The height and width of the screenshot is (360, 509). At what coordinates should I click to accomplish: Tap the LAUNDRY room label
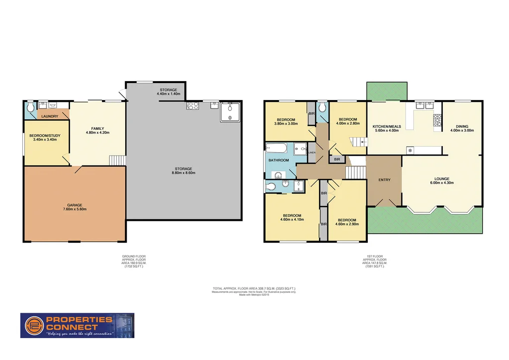50,116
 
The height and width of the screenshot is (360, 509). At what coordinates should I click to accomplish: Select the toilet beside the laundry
30,107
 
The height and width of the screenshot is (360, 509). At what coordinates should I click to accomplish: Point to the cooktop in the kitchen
438,120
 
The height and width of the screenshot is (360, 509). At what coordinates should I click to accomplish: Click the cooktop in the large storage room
193,105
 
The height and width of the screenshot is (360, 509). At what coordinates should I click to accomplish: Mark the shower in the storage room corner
230,111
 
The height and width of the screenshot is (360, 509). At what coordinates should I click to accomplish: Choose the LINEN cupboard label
312,153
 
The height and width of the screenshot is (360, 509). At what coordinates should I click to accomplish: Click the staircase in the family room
116,160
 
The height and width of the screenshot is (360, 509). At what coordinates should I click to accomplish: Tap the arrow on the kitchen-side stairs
364,142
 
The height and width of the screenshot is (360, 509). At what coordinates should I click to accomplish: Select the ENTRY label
384,180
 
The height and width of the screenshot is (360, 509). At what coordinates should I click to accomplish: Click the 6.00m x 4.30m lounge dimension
441,183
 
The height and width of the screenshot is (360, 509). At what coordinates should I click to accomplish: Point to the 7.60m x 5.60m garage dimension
75,209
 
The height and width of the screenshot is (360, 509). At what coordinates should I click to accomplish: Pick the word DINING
462,126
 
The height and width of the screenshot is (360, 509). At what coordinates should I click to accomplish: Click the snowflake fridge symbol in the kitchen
410,150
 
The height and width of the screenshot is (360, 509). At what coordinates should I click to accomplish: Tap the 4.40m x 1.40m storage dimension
169,94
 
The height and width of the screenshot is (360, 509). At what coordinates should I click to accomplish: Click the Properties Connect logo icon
32,325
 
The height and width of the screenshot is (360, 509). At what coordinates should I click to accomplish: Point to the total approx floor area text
254,288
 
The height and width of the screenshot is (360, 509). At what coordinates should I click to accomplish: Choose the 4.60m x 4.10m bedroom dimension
292,219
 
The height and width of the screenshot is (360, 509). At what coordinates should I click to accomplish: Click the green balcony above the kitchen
386,91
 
